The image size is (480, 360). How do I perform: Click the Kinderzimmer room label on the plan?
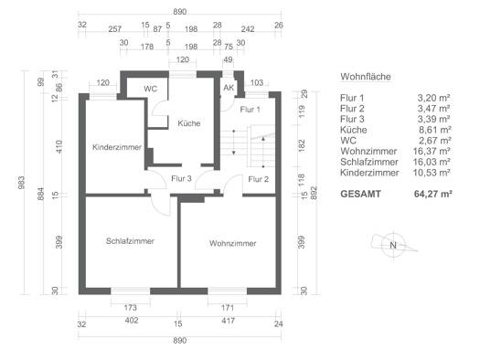pos(117,147)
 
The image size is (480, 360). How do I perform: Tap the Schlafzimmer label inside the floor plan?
pos(130,241)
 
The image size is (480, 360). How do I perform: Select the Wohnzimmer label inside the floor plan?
pos(232,243)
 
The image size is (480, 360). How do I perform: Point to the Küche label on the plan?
pos(189,123)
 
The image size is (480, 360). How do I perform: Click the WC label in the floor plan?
pos(150,89)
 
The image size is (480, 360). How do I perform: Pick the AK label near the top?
pos(229,88)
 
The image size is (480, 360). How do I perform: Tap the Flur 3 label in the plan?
pos(181,178)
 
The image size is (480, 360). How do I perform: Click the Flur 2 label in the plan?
pos(259,179)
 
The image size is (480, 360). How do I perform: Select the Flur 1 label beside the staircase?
pos(251,110)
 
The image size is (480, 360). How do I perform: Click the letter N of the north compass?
pos(393,245)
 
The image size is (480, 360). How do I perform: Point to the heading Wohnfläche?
pos(366,77)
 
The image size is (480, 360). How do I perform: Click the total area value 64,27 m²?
pos(433,194)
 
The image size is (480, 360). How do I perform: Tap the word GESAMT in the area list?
pos(360,194)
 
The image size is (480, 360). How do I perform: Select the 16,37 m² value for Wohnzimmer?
pos(432,151)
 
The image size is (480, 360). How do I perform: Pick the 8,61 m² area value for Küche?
pos(434,130)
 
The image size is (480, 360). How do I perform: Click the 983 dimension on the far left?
pos(21,183)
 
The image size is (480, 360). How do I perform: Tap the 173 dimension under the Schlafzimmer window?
pos(131,307)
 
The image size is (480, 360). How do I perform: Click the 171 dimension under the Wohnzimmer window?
pos(228,307)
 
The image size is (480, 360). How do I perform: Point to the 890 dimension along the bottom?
pos(180,341)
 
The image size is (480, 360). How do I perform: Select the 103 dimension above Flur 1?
pos(257,82)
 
